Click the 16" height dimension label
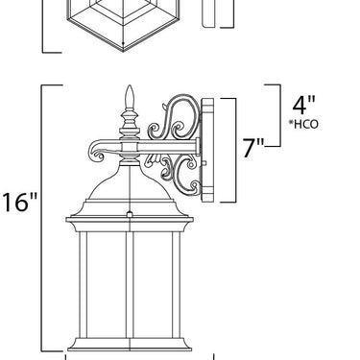20,202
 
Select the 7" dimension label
253,148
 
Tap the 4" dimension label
303,105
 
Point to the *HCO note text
303,124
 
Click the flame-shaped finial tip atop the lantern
130,96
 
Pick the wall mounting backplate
207,150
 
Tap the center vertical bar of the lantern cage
130,284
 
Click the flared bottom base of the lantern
130,345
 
